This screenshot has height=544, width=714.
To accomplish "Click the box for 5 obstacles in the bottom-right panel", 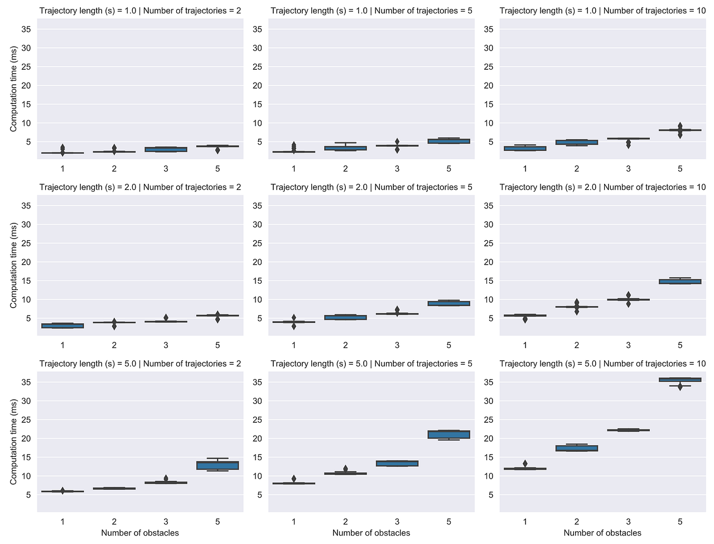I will tap(680, 380).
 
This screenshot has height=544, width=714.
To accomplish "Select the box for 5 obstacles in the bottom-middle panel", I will tap(449, 435).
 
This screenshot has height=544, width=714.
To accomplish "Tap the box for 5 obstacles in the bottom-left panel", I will tap(218, 465).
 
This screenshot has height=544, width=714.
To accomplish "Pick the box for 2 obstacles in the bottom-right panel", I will tap(577, 448).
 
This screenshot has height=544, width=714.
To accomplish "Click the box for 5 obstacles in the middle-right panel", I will tap(680, 281).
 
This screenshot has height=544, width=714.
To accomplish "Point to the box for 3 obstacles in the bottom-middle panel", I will tap(397, 463).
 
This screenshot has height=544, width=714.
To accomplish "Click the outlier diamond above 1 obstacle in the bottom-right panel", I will tap(525, 464).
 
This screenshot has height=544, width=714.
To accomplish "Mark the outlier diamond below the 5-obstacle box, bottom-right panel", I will tap(680, 386).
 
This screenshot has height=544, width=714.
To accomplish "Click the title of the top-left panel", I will tap(140, 11).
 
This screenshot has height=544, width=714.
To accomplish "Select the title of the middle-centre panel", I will tap(372, 187).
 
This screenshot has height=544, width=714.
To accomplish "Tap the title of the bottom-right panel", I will tap(602, 364).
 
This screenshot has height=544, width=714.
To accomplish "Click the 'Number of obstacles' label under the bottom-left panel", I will tap(140, 533).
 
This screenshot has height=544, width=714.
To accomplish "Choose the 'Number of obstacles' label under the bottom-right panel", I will tap(602, 533).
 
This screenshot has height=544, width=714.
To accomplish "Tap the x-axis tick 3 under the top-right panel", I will tap(628, 169).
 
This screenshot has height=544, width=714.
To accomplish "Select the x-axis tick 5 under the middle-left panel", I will tap(218, 345).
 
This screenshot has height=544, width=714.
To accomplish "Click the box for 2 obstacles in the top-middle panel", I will tap(345, 148).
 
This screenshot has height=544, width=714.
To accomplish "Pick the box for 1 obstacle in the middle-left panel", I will tap(62, 326).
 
